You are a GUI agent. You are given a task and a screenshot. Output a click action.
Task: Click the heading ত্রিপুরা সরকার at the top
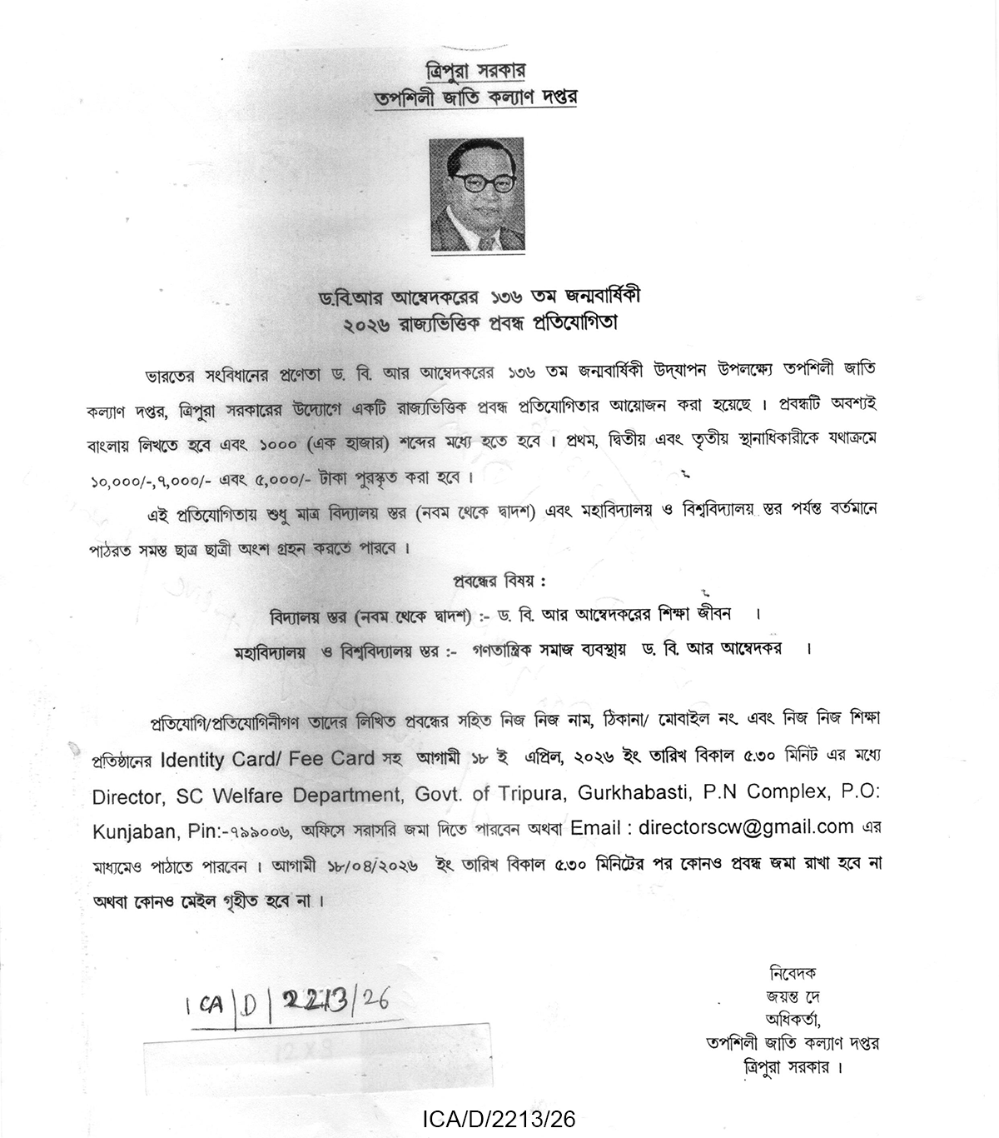(475, 70)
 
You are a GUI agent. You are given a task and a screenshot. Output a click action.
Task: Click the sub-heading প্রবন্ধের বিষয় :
(499, 581)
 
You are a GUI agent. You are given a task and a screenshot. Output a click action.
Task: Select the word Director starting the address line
(127, 796)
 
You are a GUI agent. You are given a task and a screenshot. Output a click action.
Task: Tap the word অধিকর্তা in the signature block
(793, 1019)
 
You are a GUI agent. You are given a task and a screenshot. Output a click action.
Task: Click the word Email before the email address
(595, 828)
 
